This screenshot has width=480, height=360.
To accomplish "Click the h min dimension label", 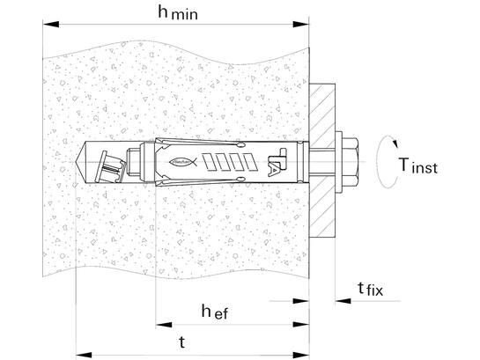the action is tap(178, 13).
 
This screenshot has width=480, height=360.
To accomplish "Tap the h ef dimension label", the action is tap(215, 312).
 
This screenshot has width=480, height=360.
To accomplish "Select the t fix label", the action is tap(371, 289).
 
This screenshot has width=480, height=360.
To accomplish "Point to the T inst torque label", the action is tap(418, 165).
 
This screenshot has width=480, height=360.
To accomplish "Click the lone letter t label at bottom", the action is tap(181, 342).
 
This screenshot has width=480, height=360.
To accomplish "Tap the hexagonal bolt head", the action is tap(351, 162).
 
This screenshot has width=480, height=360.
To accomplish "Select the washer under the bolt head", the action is tap(338, 162).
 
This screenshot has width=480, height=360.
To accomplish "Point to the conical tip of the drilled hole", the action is tap(81, 162).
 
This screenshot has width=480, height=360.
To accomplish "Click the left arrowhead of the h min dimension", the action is tap(50, 24).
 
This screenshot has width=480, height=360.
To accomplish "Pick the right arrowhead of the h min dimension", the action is tap(301, 24).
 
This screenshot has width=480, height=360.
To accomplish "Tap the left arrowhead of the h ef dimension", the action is tap(164, 325).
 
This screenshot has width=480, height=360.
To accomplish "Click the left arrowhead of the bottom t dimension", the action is tap(84, 355).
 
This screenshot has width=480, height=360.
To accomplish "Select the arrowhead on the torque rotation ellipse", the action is tap(395, 143).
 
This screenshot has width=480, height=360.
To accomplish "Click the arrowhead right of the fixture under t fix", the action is tap(343, 301).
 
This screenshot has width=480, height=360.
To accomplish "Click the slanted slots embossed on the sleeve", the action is tap(230, 162).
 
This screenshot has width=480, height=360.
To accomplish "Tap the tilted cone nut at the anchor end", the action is tap(110, 166).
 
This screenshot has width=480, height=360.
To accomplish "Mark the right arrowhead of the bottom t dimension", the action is tap(301, 355).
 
